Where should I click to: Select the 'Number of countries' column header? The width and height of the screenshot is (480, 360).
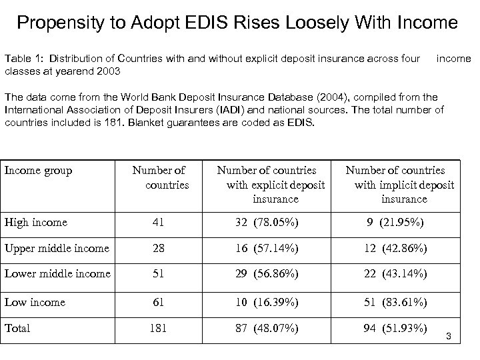(x=159, y=177)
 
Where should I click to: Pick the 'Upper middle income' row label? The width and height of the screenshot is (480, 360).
(x=57, y=248)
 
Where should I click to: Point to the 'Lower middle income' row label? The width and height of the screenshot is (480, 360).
(x=57, y=273)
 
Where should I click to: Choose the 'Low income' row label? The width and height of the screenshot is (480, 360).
(x=35, y=302)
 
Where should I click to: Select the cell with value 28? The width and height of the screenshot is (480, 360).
(x=159, y=249)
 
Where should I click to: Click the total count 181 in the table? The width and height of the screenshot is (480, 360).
(x=159, y=329)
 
